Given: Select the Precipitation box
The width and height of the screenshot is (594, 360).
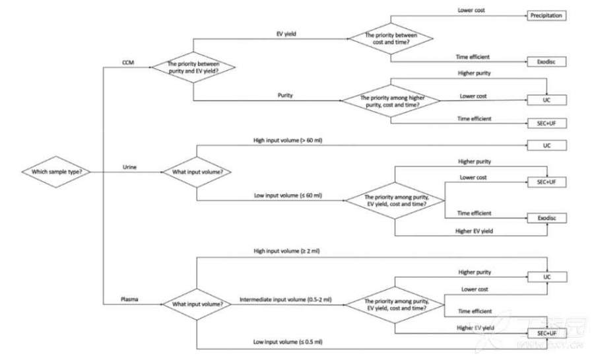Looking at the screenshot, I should coord(547,15).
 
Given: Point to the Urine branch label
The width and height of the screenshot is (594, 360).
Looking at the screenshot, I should coord(129,167).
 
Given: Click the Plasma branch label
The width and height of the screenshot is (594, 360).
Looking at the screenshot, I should coord(129,299).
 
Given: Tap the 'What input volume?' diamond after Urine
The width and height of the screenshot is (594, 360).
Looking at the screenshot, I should coord(197,172).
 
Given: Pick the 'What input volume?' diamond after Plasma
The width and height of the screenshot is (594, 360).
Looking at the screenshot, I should coord(197,304).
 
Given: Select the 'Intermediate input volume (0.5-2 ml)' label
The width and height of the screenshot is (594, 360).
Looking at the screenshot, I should coord(285,299).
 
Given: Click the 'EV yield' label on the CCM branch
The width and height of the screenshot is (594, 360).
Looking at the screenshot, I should coord(286,33).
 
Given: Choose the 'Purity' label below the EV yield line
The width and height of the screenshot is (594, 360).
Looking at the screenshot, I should coord(285,96).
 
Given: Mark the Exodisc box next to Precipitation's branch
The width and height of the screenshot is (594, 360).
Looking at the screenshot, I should coord(547,61).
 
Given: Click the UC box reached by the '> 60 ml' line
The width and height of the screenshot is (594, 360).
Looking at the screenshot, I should coord(546,145).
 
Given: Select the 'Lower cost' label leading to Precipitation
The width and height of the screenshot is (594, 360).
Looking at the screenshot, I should coord(471,10).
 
